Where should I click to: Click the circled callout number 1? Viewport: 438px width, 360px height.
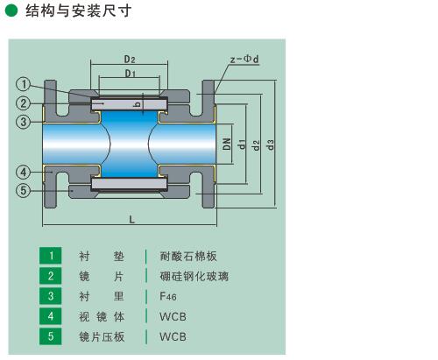coord(23,84)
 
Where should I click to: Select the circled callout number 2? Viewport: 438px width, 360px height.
coord(23,103)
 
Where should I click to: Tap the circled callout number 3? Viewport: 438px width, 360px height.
coord(23,122)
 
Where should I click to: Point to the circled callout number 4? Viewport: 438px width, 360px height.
coord(23,172)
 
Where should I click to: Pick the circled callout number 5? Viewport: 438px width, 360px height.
coord(23,191)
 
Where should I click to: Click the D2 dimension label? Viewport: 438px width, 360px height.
coord(130,60)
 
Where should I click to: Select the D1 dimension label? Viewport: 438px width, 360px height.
coord(131,74)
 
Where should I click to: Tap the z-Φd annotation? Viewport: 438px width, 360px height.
coord(244,59)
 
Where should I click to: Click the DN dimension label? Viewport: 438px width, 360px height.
coord(227,144)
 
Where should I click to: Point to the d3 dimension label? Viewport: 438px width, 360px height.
coord(271,145)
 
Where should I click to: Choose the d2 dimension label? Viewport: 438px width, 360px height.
coord(256,145)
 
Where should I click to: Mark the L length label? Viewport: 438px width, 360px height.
coord(131,220)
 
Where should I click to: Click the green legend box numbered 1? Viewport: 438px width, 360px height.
coord(51,256)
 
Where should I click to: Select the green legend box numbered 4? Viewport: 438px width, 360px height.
coord(51,316)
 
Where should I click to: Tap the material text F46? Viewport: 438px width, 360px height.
coord(168,296)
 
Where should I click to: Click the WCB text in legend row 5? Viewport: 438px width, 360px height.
coord(173,336)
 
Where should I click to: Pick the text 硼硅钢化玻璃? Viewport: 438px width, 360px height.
coord(194,276)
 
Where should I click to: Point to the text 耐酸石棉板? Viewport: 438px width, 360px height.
coord(188,256)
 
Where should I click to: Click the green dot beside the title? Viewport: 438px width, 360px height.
coord(11,11)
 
